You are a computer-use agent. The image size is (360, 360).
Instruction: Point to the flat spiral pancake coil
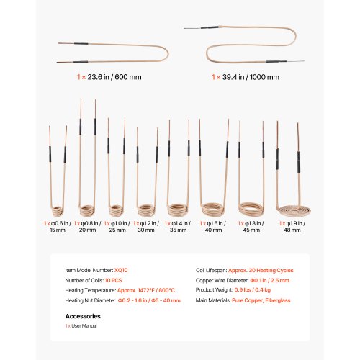(293, 210)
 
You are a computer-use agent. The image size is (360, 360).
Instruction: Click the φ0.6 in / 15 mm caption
(58, 227)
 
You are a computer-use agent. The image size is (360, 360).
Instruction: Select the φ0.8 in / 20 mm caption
(87, 227)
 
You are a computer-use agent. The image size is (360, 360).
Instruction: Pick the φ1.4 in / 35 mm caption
(178, 227)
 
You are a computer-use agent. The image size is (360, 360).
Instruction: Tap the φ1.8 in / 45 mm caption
(251, 227)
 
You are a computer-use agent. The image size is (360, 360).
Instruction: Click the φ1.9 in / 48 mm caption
(292, 227)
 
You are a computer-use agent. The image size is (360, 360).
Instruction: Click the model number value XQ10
(121, 270)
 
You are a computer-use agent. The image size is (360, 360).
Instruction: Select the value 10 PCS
(113, 280)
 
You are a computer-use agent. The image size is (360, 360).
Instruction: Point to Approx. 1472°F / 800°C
(146, 290)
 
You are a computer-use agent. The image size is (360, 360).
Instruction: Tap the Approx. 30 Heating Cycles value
(261, 271)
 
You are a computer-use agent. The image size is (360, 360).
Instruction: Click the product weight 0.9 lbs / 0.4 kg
(253, 290)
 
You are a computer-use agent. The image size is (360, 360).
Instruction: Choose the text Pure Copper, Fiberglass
(261, 300)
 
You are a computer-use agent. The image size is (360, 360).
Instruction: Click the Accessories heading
(83, 316)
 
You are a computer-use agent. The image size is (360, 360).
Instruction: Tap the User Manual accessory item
(84, 326)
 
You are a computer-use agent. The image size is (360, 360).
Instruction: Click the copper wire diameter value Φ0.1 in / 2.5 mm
(269, 280)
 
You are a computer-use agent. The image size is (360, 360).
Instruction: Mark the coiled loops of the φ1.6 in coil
(212, 209)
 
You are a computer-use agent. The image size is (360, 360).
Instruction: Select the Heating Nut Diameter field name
(91, 300)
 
